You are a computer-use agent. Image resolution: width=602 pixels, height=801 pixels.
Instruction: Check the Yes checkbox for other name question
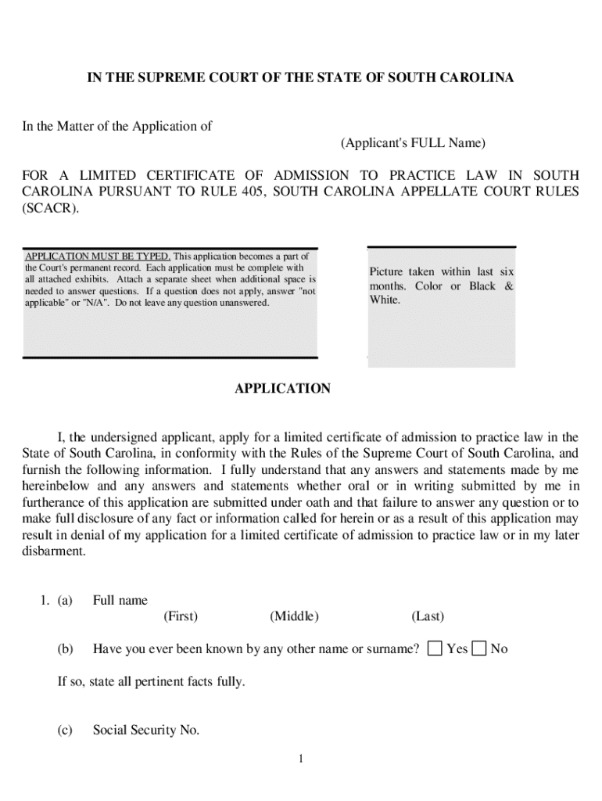click(435, 648)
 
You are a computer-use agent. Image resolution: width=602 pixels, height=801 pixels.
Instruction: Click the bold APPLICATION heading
click(283, 389)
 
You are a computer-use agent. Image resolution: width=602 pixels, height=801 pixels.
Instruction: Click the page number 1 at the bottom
click(300, 759)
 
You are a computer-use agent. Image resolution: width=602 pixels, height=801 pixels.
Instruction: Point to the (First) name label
click(181, 616)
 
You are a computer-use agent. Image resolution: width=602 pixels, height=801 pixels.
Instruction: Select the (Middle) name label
click(295, 616)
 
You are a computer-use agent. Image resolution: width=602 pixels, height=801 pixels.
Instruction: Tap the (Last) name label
click(428, 616)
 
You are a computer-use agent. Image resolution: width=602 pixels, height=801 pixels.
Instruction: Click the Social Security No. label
click(146, 731)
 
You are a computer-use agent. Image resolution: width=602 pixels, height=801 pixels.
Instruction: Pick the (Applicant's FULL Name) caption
click(413, 143)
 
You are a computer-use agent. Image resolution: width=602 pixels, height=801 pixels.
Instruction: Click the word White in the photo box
click(385, 300)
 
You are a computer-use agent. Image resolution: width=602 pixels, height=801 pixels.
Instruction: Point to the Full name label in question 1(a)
click(120, 601)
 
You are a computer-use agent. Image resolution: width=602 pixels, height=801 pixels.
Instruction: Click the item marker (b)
click(65, 648)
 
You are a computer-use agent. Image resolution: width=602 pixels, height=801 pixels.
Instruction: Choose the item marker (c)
click(65, 731)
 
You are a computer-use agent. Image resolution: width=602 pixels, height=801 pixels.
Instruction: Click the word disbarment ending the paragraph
click(54, 551)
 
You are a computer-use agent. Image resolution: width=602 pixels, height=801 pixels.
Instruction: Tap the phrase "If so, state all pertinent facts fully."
click(151, 681)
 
